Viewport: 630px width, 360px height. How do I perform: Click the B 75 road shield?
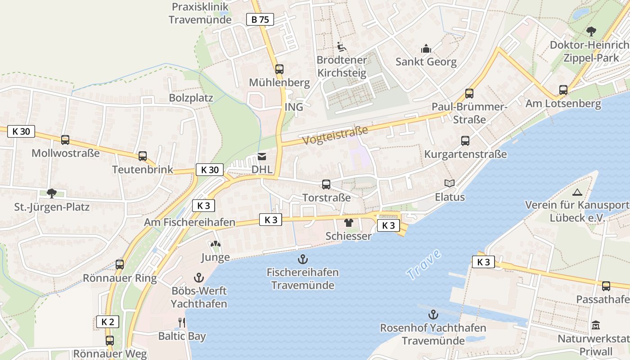pyautogui.click(x=260, y=19)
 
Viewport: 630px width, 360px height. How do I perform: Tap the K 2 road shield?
pyautogui.click(x=108, y=322)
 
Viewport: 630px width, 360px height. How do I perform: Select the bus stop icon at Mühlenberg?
pyautogui.click(x=279, y=69)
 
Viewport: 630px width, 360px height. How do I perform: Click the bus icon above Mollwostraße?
pyautogui.click(x=65, y=140)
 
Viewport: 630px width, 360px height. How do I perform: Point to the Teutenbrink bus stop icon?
pyautogui.click(x=143, y=156)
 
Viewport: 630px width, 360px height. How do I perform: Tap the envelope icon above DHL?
pyautogui.click(x=262, y=156)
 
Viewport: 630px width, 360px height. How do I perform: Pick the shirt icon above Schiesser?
pyautogui.click(x=349, y=222)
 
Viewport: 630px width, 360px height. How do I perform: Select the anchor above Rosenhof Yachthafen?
pyautogui.click(x=433, y=314)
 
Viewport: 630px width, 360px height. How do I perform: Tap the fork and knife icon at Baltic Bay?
pyautogui.click(x=182, y=322)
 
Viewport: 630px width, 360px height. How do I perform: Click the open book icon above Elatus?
pyautogui.click(x=450, y=183)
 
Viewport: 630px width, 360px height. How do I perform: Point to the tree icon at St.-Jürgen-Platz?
pyautogui.click(x=52, y=193)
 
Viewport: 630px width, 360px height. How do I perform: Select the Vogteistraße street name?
pyautogui.click(x=335, y=135)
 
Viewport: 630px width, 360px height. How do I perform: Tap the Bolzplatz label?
pyautogui.click(x=191, y=98)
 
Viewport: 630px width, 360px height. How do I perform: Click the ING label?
pyautogui.click(x=294, y=107)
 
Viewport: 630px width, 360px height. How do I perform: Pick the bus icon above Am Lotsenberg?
pyautogui.click(x=563, y=90)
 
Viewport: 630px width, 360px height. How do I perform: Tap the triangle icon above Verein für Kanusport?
pyautogui.click(x=577, y=192)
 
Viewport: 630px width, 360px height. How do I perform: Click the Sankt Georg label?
pyautogui.click(x=426, y=62)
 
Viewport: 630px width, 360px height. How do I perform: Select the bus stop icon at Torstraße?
pyautogui.click(x=326, y=184)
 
